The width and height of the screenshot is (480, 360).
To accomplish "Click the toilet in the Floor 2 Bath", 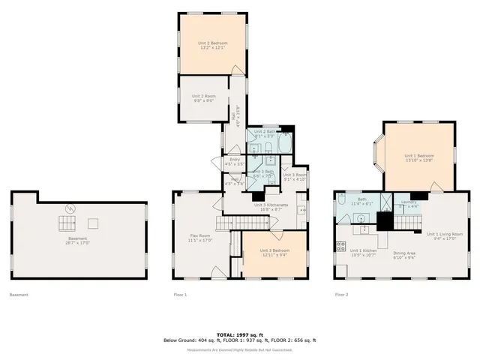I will click(x=342, y=217).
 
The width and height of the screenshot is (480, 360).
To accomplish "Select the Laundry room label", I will click(x=409, y=202).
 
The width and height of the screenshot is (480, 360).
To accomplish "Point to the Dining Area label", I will click(x=405, y=253).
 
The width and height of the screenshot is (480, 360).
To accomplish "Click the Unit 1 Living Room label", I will click(x=445, y=235).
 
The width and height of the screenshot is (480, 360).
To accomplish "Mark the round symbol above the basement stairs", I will click(x=69, y=208).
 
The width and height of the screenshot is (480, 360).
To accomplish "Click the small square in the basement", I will click(x=92, y=222).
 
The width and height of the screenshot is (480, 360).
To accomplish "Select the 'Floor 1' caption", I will click(x=180, y=295).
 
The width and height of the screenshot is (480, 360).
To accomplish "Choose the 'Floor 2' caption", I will click(x=341, y=295).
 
